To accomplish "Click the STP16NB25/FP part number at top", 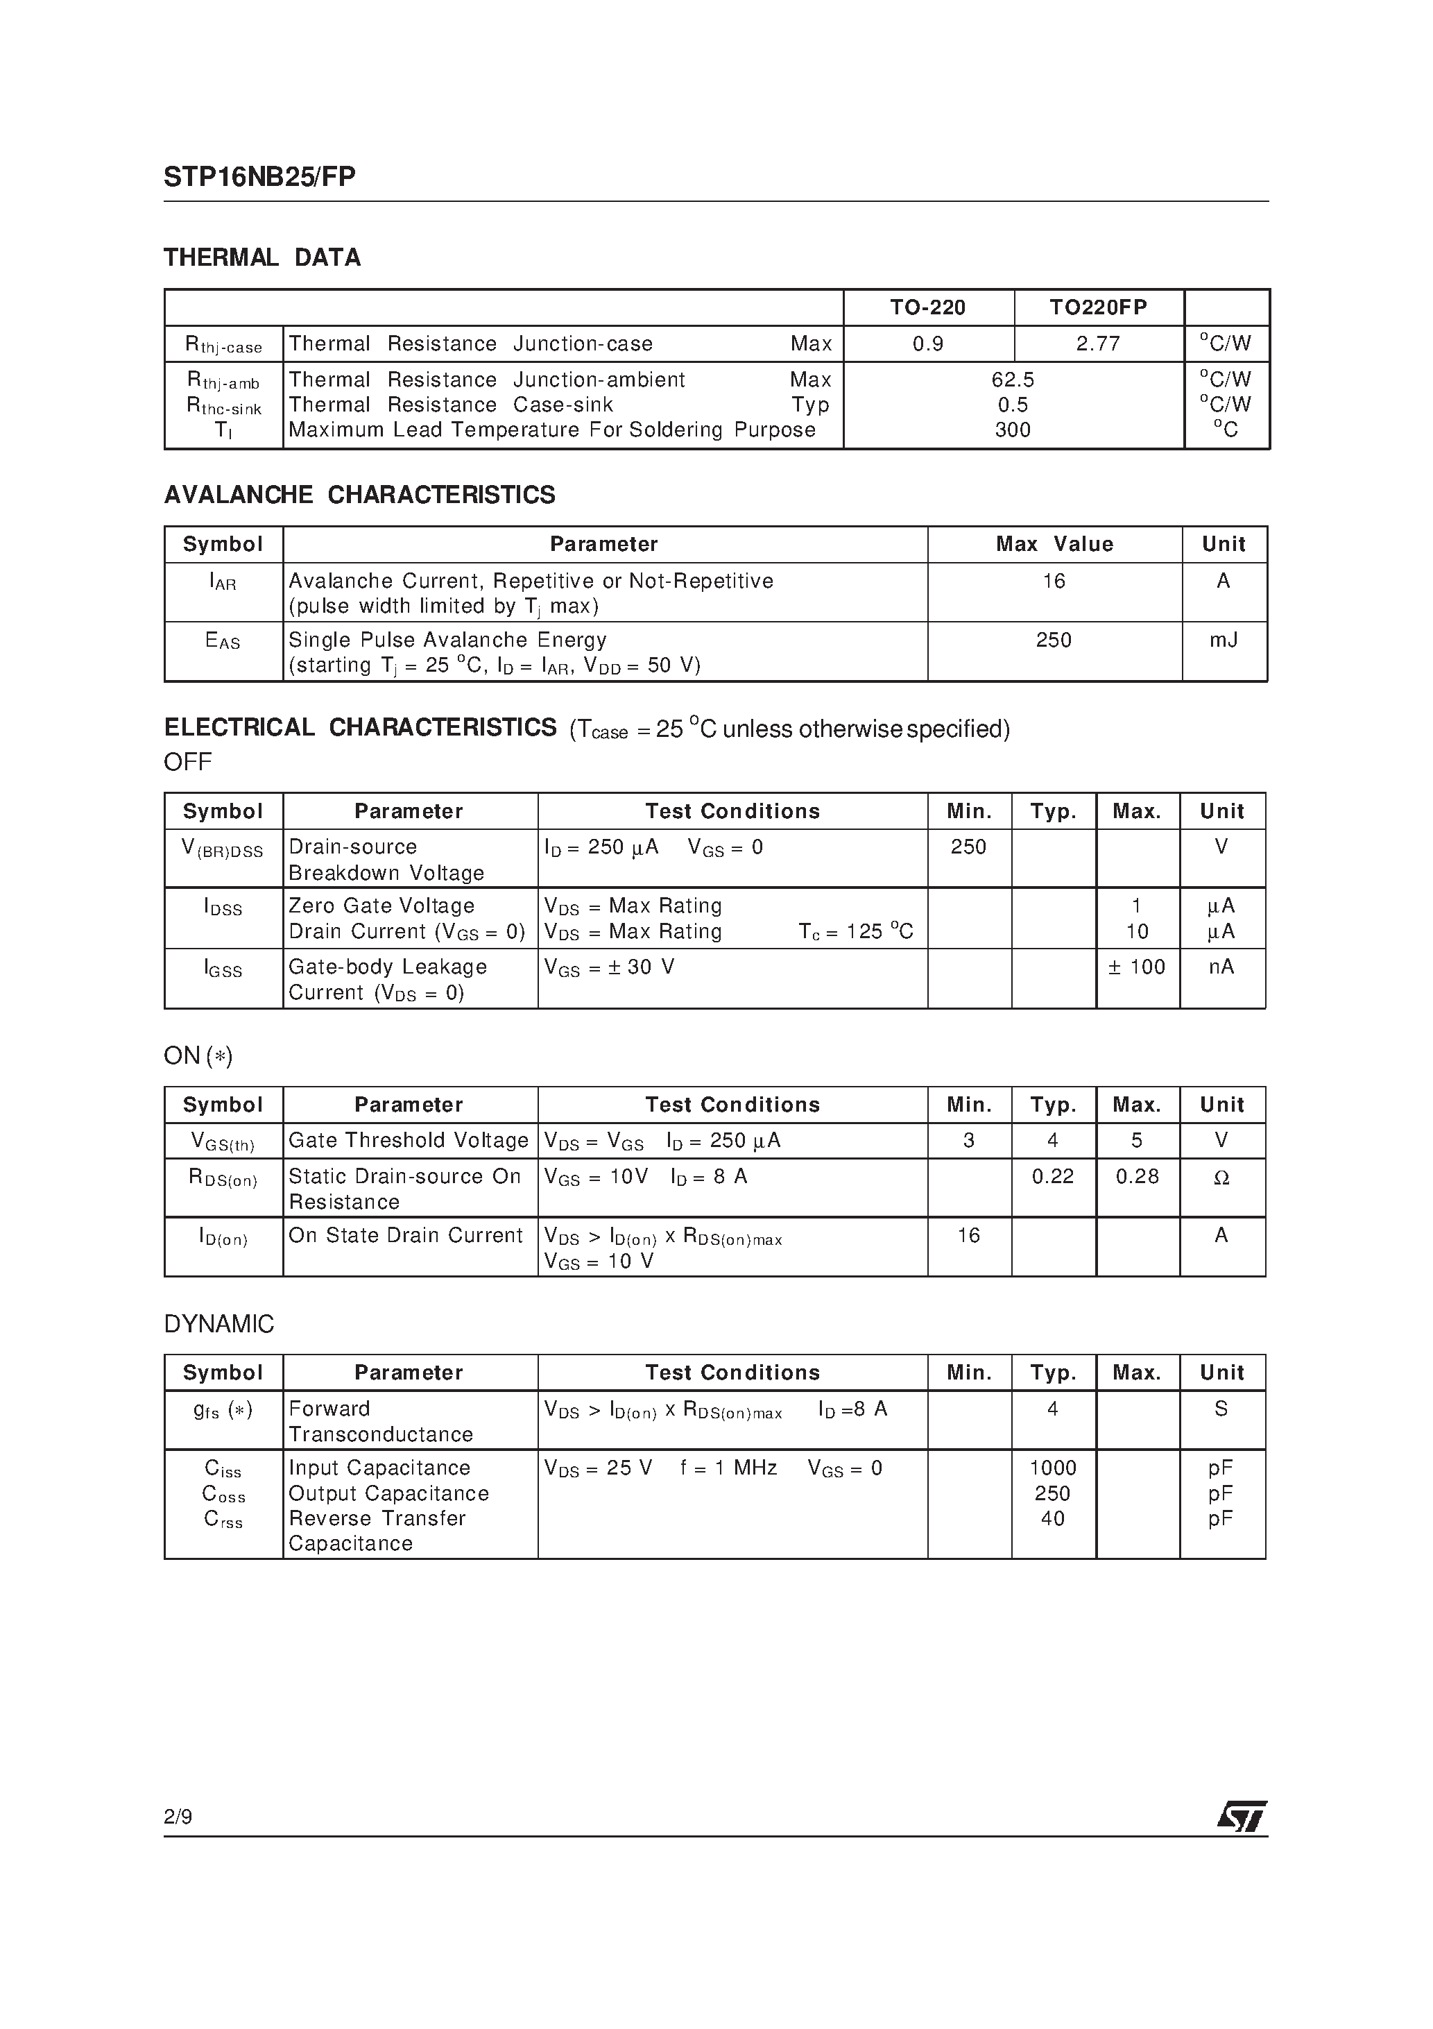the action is pyautogui.click(x=259, y=178).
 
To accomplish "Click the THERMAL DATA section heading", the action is pyautogui.click(x=261, y=258).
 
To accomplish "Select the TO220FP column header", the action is pyautogui.click(x=1097, y=307).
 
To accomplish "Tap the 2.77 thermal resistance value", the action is pyautogui.click(x=1097, y=343).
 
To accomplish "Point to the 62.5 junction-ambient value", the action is pyautogui.click(x=1013, y=380).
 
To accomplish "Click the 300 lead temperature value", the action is pyautogui.click(x=1013, y=430).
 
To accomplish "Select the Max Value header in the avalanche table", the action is pyautogui.click(x=1054, y=544).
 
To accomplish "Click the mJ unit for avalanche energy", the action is pyautogui.click(x=1223, y=640).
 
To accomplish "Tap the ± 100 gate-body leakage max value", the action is pyautogui.click(x=1137, y=967).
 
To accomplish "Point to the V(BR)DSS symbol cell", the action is pyautogui.click(x=223, y=849).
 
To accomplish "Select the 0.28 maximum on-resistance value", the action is pyautogui.click(x=1137, y=1176).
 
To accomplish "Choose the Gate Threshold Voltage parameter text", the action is pyautogui.click(x=408, y=1140).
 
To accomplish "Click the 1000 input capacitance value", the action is pyautogui.click(x=1053, y=1468).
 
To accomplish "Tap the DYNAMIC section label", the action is pyautogui.click(x=219, y=1324).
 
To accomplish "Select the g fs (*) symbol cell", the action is pyautogui.click(x=223, y=1409).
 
